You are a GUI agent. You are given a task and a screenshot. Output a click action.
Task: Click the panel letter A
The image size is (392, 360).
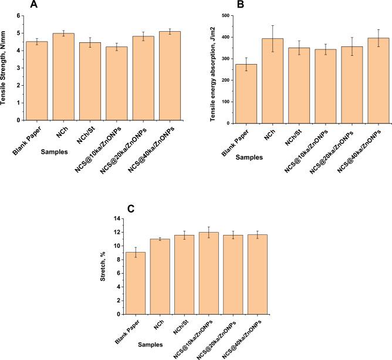(x=34, y=6)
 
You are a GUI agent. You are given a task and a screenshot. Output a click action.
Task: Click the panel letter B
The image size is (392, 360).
(x=241, y=6)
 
